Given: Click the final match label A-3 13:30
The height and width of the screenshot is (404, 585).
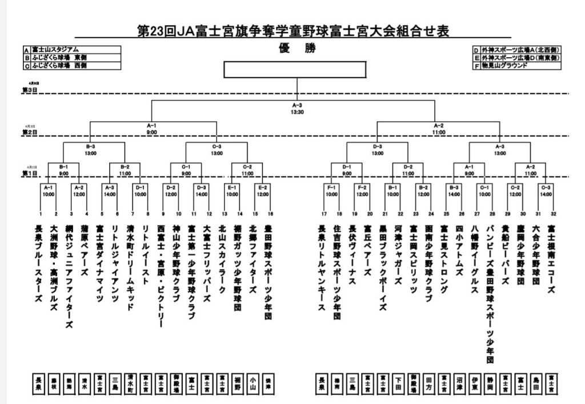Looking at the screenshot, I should (x=297, y=109).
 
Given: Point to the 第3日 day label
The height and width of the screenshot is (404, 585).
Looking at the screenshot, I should (x=29, y=90).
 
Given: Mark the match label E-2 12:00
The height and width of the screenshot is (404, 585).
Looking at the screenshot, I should (x=263, y=190).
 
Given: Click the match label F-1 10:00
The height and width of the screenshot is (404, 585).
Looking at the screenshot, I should (x=331, y=190).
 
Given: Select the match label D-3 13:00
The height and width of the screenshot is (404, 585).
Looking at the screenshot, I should (x=377, y=150).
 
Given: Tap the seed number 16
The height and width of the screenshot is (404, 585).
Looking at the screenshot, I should (x=270, y=214).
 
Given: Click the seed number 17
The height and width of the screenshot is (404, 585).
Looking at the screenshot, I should (x=323, y=214).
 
